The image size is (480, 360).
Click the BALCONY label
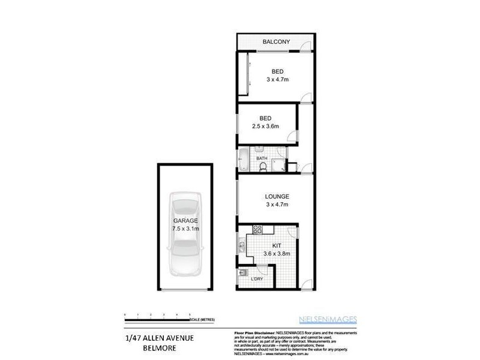pos(277,41)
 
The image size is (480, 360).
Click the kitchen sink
pos(241,245)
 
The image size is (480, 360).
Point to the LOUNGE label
pos(277,196)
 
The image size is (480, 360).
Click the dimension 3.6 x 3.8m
pos(277,254)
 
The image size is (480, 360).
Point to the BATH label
pos(262,158)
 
